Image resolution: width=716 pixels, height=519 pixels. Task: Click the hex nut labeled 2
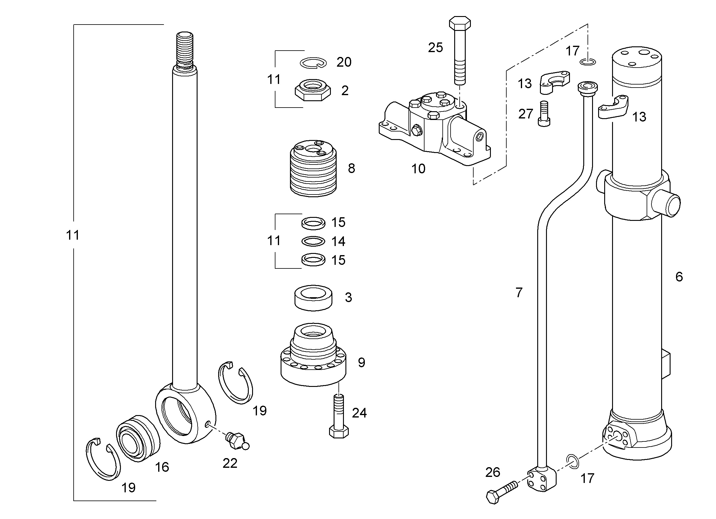click(x=313, y=90)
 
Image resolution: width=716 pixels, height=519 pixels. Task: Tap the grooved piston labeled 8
click(x=313, y=168)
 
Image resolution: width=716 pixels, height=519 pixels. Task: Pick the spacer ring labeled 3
click(x=313, y=298)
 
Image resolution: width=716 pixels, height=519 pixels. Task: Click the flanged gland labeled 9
click(x=313, y=354)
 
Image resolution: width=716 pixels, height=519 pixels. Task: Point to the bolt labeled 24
click(x=339, y=416)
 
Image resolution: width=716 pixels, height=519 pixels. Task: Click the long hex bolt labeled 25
click(x=460, y=51)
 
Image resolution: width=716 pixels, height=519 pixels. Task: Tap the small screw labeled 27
click(x=544, y=114)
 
